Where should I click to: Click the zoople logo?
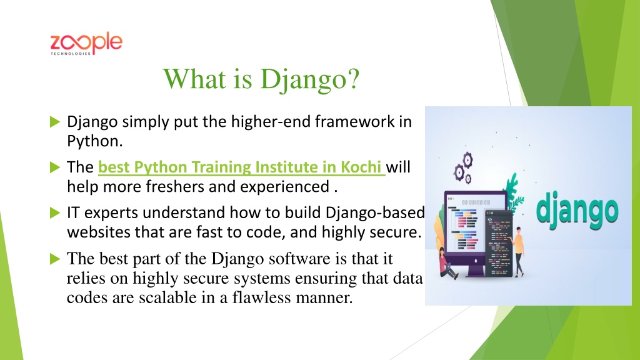(x=86, y=43)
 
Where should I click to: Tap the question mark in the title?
(x=353, y=78)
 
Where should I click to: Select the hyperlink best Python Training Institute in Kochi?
(x=241, y=167)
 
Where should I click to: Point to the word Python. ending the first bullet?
(x=95, y=142)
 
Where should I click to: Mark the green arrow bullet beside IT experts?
(x=55, y=212)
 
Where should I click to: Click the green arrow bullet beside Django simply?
(x=55, y=122)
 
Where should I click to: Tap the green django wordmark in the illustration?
(x=577, y=211)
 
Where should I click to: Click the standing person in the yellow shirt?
(x=518, y=251)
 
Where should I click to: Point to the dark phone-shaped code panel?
(x=498, y=243)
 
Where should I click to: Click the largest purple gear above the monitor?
(x=467, y=160)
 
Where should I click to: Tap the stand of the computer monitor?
(x=475, y=269)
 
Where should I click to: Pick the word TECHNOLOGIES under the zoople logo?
(x=71, y=54)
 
